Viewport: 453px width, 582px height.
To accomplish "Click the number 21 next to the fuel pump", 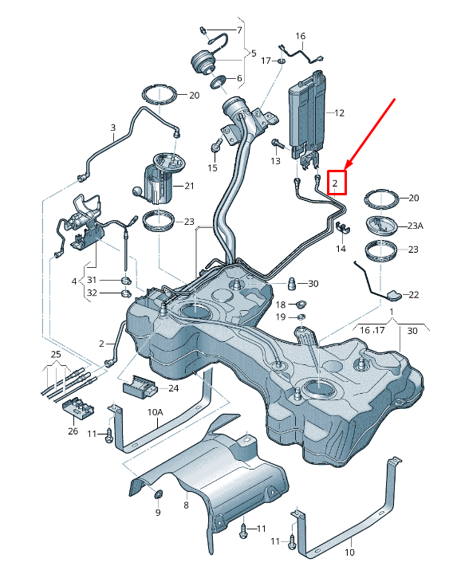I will tap(190, 186).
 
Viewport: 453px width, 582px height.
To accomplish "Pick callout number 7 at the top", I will tap(238, 29).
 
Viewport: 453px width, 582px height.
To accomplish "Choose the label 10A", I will tap(155, 412).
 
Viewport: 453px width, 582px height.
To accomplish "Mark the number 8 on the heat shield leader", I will tap(185, 505).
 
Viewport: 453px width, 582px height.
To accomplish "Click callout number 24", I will tap(173, 388).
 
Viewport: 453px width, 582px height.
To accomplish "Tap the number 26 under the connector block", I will tap(73, 431).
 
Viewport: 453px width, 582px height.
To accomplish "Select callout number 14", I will tap(341, 249).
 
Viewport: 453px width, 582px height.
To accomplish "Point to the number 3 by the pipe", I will tap(113, 128).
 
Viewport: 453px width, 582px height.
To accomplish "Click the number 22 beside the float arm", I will tap(413, 294).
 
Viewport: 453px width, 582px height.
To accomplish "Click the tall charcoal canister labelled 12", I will tap(306, 112).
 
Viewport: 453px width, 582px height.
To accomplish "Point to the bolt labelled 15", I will tap(216, 146).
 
